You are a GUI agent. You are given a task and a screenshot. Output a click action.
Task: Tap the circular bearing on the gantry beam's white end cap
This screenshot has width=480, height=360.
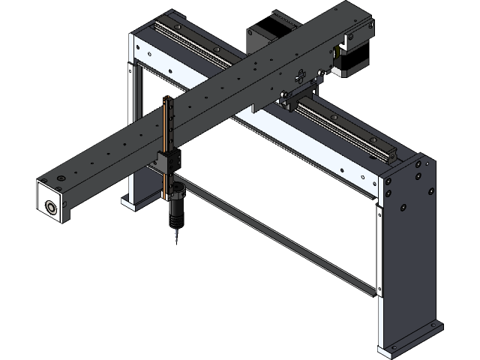pyautogui.click(x=51, y=207)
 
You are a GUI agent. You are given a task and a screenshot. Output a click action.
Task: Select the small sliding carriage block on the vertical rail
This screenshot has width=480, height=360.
pyautogui.click(x=169, y=160)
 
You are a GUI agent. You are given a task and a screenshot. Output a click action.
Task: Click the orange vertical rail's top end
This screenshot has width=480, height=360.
pyautogui.click(x=166, y=100)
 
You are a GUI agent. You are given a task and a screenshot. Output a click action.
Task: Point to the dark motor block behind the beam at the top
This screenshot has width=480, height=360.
pyautogui.click(x=259, y=37)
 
